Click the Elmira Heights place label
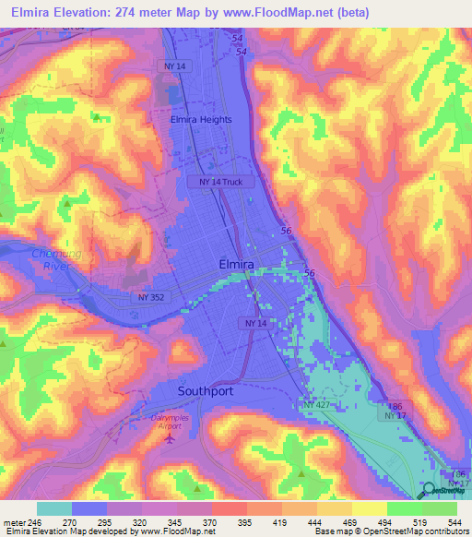(201, 119)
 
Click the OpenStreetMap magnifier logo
(430, 492)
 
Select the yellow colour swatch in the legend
(369, 508)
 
